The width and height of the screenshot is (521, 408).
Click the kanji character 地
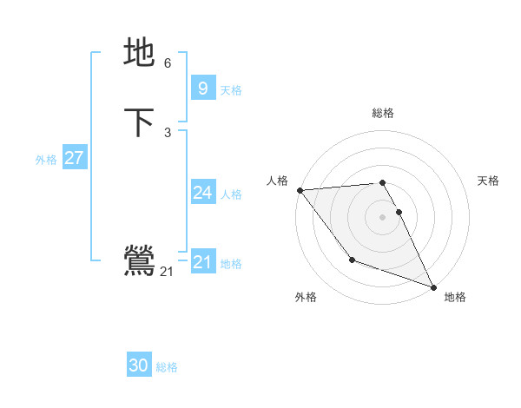tap(139, 52)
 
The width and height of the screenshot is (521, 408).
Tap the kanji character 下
tap(139, 122)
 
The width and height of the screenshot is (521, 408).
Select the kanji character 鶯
tap(139, 260)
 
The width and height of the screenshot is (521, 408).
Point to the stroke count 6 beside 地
tap(168, 63)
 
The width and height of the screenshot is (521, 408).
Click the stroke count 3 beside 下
tap(168, 132)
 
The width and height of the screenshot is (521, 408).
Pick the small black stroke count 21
tap(167, 272)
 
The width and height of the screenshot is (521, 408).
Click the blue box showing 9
tap(202, 88)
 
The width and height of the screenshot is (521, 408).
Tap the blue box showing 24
tap(202, 193)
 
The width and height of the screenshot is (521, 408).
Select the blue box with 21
tap(202, 261)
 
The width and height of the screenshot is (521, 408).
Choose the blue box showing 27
tap(74, 158)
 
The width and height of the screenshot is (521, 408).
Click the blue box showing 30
tap(139, 365)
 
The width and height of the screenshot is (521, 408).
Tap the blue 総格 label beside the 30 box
tap(167, 367)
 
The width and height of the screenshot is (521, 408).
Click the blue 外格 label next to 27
tap(46, 160)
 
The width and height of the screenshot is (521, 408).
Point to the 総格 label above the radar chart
tap(383, 113)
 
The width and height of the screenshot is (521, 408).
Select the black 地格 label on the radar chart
tap(455, 297)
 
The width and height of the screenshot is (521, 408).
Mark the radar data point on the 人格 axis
tap(300, 190)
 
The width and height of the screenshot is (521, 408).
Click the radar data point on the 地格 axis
tap(434, 287)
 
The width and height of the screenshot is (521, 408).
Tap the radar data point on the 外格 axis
tap(352, 260)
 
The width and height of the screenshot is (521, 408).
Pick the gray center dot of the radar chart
tap(383, 216)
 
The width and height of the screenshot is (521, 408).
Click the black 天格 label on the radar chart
tap(489, 181)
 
